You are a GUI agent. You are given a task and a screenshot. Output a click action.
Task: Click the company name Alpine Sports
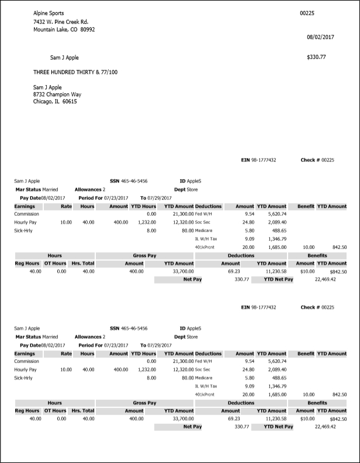point(49,13)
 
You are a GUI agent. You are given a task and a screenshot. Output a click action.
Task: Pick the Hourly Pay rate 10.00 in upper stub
point(66,223)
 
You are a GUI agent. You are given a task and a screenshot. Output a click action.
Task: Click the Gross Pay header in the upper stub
point(144,255)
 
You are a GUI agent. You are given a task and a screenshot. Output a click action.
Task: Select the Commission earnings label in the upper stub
point(26,215)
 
